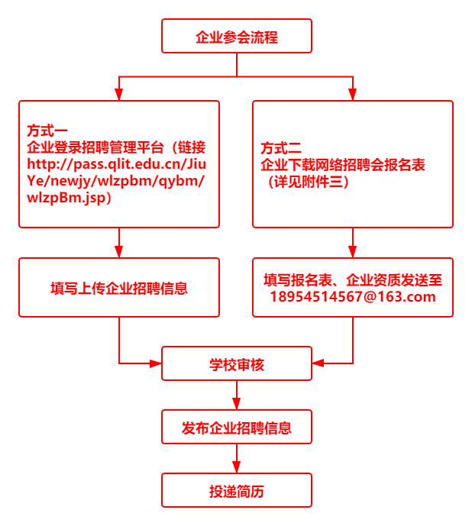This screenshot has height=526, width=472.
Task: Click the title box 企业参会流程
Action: (236, 36)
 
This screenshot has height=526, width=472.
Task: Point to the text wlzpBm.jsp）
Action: (70, 197)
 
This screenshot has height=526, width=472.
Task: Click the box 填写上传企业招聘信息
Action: (119, 288)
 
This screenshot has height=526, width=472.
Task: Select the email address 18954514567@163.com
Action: (352, 297)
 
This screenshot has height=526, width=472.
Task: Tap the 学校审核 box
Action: (236, 364)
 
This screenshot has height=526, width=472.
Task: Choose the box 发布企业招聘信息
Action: (236, 427)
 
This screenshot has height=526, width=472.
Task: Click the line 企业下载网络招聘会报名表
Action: (343, 164)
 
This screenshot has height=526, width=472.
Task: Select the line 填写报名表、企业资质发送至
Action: (352, 280)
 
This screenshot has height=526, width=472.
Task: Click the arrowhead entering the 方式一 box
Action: (119, 94)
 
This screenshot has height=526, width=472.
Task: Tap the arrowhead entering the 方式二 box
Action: (352, 94)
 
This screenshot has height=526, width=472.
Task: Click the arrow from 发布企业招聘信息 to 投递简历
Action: (237, 459)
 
